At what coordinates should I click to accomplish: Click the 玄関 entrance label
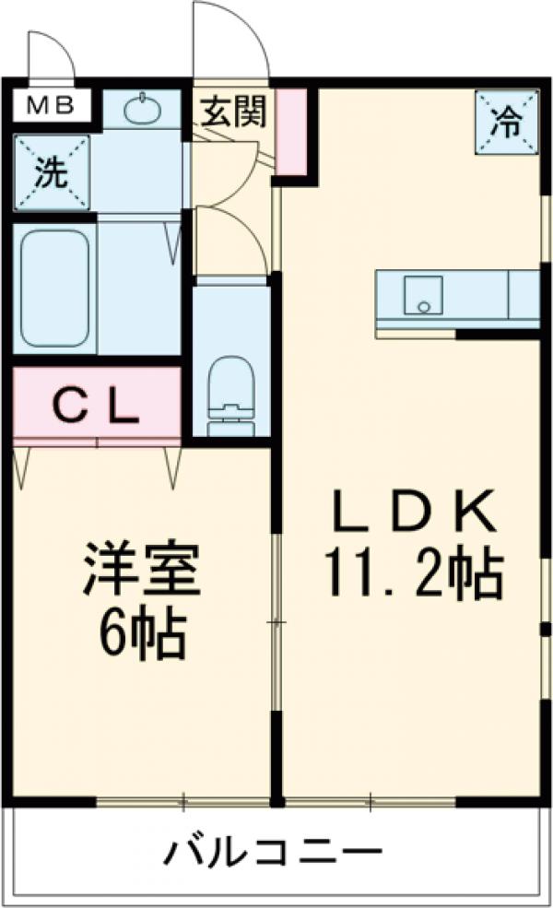point(234,112)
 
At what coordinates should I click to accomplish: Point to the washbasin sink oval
point(141,112)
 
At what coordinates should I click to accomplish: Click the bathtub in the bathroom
point(55,288)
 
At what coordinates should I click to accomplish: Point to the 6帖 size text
point(140,635)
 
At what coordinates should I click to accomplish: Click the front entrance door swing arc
point(230,41)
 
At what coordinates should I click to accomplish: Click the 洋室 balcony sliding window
point(183,801)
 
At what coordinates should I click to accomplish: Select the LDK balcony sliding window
point(371,801)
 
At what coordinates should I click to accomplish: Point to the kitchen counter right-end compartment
point(524,294)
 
